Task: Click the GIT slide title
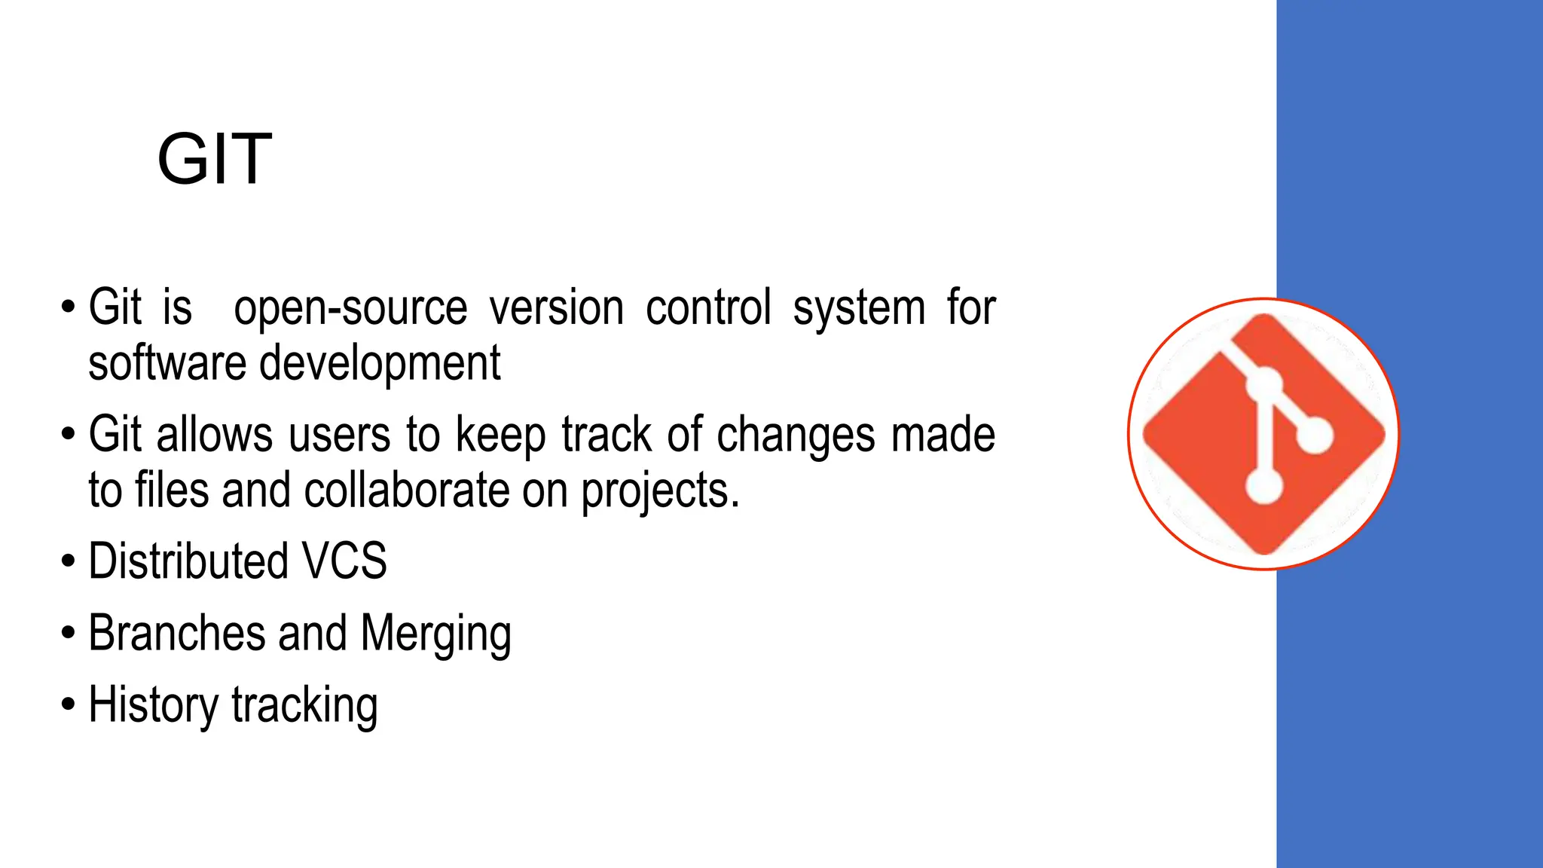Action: (214, 159)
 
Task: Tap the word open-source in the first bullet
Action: (350, 308)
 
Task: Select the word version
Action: (557, 308)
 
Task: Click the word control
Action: (708, 308)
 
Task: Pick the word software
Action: (167, 363)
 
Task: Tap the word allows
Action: (214, 435)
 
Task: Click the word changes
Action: (796, 436)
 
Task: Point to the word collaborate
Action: (407, 491)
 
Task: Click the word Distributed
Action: (188, 561)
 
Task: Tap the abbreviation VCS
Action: (344, 561)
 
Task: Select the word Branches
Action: (176, 632)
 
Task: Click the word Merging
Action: (436, 634)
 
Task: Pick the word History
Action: (154, 705)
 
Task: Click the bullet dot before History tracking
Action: (69, 705)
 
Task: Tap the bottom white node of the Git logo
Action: (1263, 484)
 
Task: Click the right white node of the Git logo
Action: (1315, 435)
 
